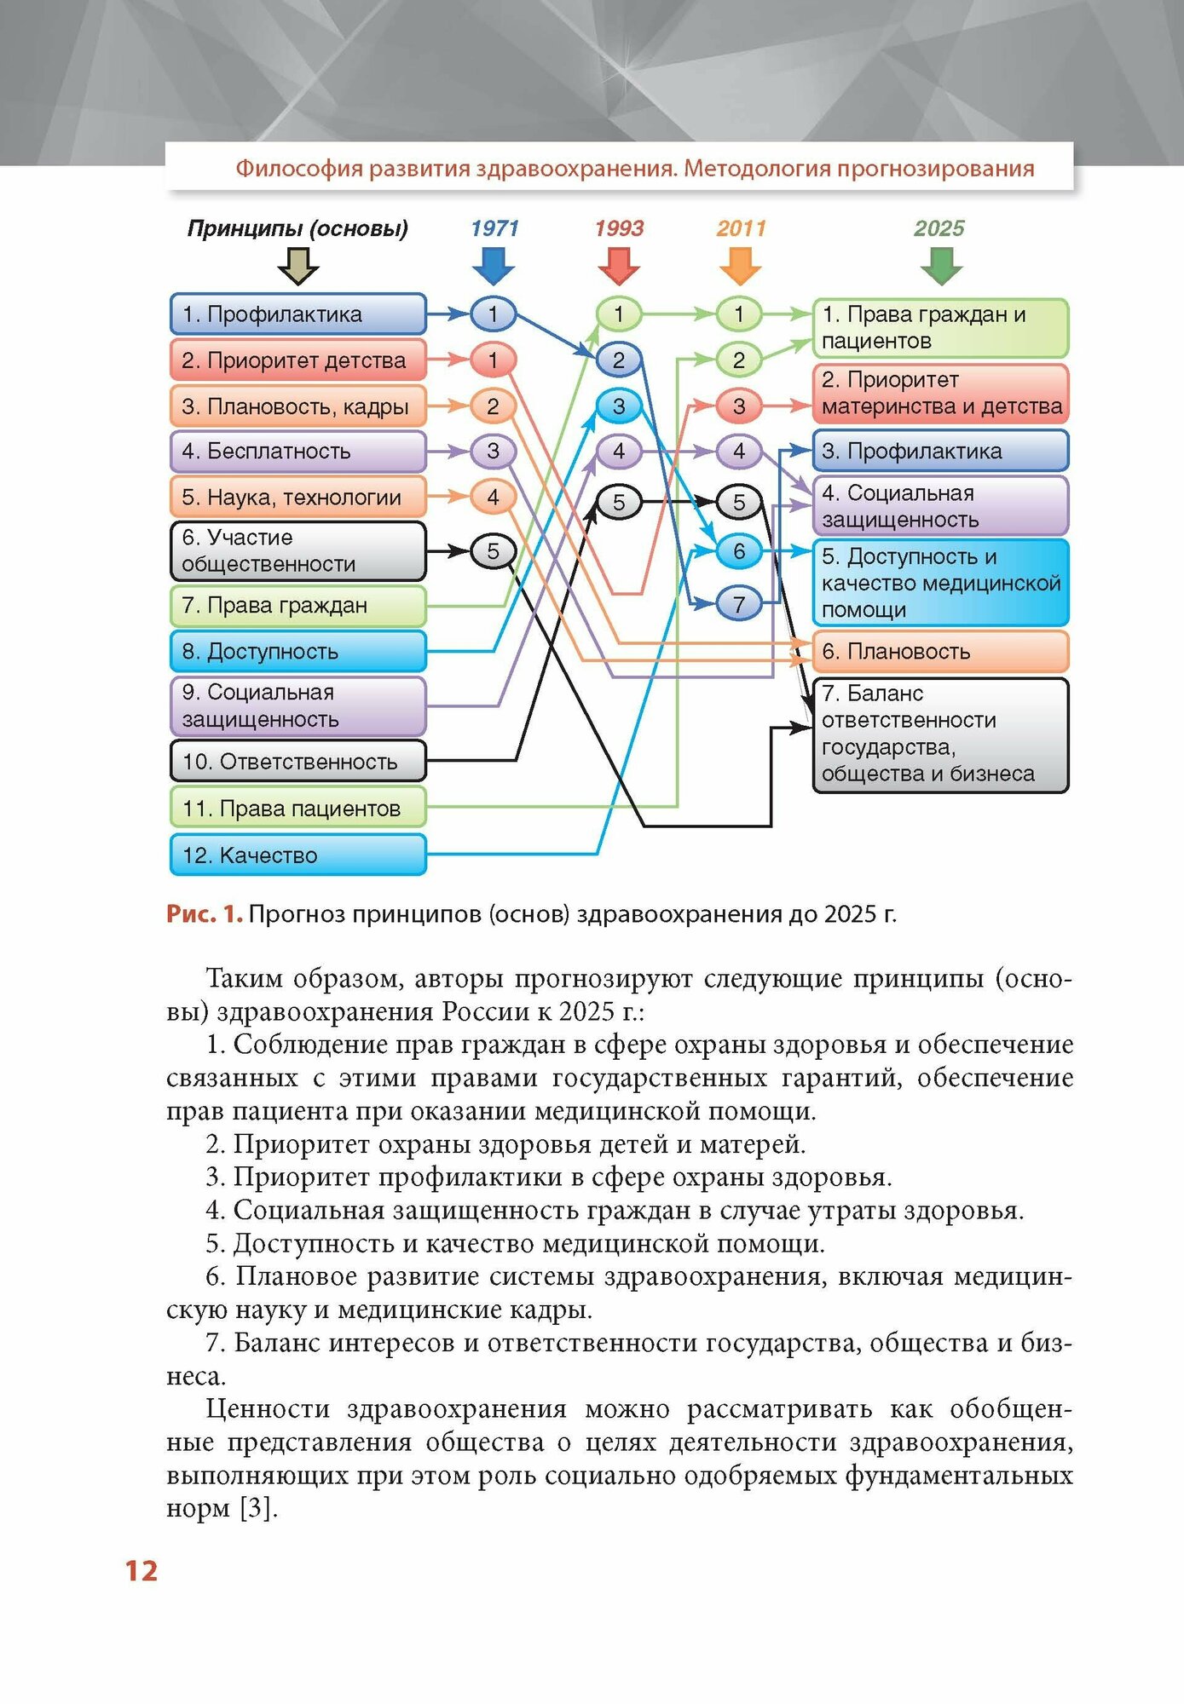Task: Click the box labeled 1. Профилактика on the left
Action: (297, 314)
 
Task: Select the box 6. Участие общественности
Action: (297, 551)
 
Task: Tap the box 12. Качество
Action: (297, 855)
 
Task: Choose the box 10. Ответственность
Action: (297, 762)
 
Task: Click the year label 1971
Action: (494, 228)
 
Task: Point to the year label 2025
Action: (939, 228)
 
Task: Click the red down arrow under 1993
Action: (619, 266)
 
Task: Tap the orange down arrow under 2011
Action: (740, 266)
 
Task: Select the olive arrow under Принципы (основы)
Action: (298, 266)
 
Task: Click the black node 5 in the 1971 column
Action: (493, 551)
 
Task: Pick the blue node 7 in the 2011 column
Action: (739, 604)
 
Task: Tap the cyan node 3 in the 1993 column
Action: (619, 406)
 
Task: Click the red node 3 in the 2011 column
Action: (739, 406)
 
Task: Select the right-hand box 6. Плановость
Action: (940, 652)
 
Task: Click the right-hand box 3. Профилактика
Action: (940, 451)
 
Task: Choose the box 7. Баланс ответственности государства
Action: (940, 734)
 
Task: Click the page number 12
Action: (142, 1570)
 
